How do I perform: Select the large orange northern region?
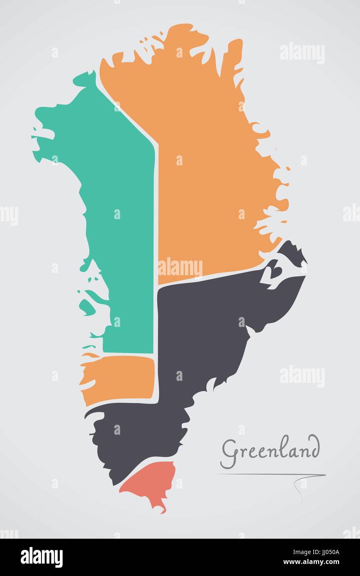[x=207, y=166]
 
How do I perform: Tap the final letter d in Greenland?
[x=314, y=448]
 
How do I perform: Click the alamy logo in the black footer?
[x=41, y=557]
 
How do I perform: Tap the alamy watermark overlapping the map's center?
[x=180, y=267]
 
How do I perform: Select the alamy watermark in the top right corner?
[x=302, y=53]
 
